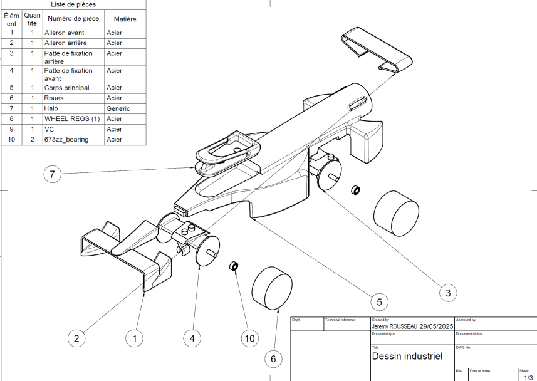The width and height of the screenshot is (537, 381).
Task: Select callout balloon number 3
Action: click(x=447, y=291)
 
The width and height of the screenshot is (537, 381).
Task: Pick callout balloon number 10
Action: click(x=249, y=338)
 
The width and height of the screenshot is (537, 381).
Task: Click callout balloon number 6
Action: click(x=273, y=358)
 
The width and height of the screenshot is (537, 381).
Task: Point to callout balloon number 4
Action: click(x=192, y=338)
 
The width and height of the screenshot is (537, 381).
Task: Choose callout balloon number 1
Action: click(x=133, y=338)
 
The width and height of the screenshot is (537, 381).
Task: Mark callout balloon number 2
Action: click(x=76, y=338)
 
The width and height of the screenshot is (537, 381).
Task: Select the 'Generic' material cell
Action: click(x=118, y=108)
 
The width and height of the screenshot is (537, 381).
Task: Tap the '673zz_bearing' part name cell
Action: click(x=67, y=139)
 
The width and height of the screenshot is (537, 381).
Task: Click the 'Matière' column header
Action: click(x=125, y=19)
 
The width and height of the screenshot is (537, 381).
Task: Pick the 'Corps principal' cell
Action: click(x=66, y=88)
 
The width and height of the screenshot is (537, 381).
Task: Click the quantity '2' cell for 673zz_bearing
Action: click(x=31, y=139)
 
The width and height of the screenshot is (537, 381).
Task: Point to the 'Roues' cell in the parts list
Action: click(x=55, y=98)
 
